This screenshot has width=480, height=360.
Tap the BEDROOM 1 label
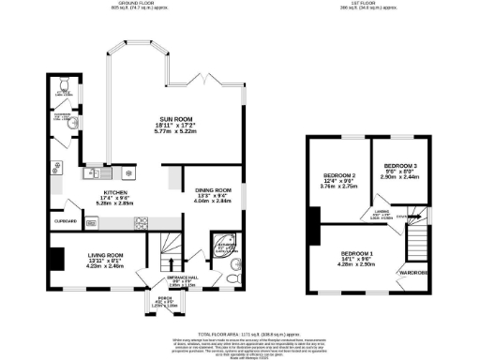357,255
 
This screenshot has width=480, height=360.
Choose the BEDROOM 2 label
340,175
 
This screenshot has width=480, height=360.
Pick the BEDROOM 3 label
399,170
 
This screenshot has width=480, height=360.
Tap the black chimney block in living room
58,258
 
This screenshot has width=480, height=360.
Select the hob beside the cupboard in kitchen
141,223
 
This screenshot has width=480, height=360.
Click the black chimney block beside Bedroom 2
311,218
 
